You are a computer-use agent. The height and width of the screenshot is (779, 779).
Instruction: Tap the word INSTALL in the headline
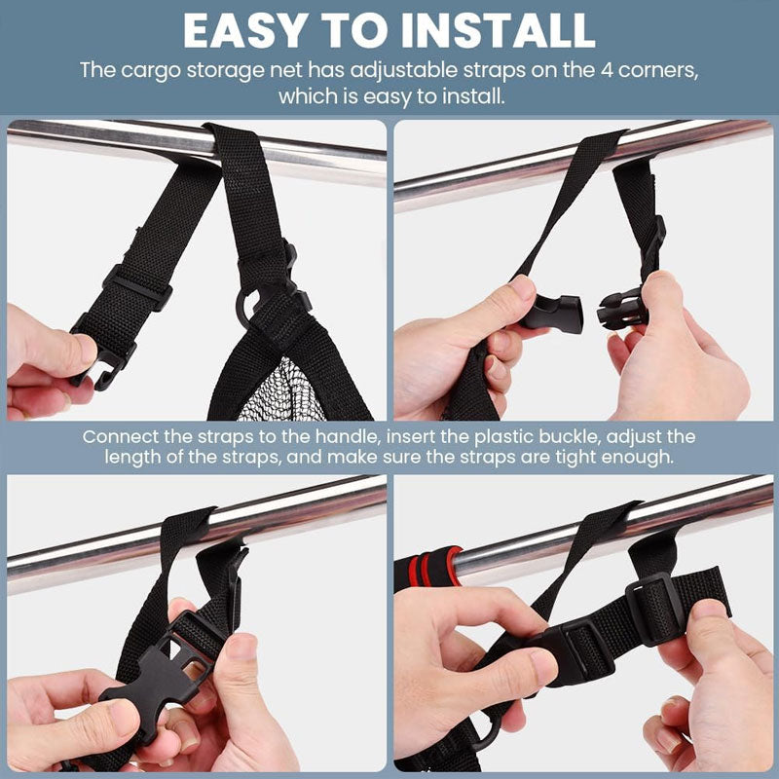point(498,31)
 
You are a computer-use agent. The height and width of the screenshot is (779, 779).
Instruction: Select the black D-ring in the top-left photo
point(247,307)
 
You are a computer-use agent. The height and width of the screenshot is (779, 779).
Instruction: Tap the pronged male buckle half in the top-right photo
point(622,310)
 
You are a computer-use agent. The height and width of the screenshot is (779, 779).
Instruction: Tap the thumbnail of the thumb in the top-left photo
point(87,348)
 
